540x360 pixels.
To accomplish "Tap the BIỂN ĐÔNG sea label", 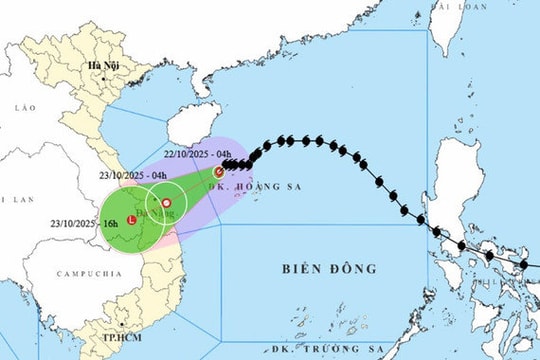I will tap(331, 269).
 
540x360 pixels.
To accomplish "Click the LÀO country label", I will tap(25, 104).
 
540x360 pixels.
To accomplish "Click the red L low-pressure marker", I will tap(132, 233).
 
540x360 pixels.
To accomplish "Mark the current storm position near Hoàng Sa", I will tap(219, 172).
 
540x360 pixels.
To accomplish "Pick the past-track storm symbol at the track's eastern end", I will tap(523, 265).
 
